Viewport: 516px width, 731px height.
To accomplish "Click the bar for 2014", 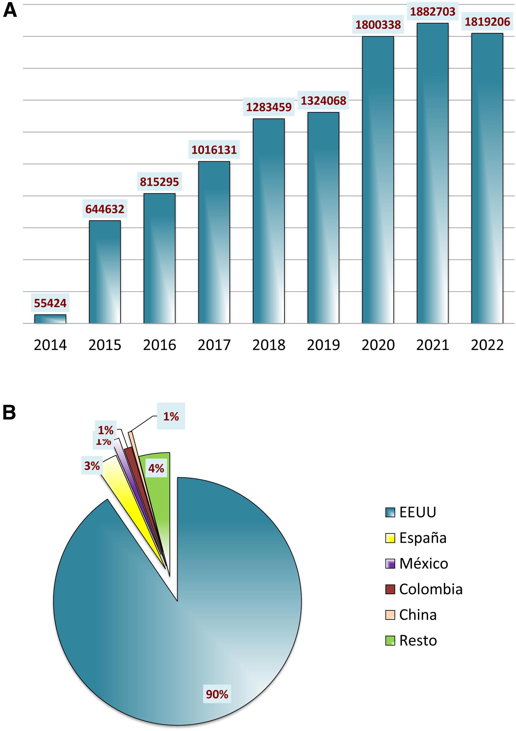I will coord(50,319).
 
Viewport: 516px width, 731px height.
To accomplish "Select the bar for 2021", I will coord(433,173).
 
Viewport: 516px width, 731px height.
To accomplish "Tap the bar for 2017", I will coord(214,242).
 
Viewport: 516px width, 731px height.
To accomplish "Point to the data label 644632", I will coord(105,209).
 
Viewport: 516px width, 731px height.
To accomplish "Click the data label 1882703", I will coord(433,12).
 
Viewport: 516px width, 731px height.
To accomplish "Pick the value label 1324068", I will coord(323,101).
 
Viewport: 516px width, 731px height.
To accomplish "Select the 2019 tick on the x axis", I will coord(323,345).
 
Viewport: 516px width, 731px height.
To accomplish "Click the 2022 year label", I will coord(487,345).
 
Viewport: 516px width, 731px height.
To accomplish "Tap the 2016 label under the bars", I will coord(160,345).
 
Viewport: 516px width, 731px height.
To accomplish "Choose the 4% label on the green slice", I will coord(156,468).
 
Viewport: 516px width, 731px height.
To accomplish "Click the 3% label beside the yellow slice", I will coord(92,466).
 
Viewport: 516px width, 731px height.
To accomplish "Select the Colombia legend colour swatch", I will coord(390,589).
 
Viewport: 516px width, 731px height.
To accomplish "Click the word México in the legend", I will coord(424,563).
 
